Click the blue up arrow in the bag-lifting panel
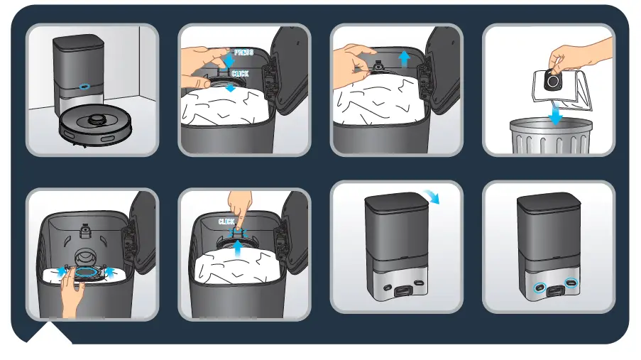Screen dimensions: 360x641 click(404, 59)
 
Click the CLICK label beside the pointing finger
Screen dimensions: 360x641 click(226, 222)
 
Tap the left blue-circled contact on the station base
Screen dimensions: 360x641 click(541, 288)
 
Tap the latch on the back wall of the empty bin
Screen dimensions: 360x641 click(85, 230)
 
